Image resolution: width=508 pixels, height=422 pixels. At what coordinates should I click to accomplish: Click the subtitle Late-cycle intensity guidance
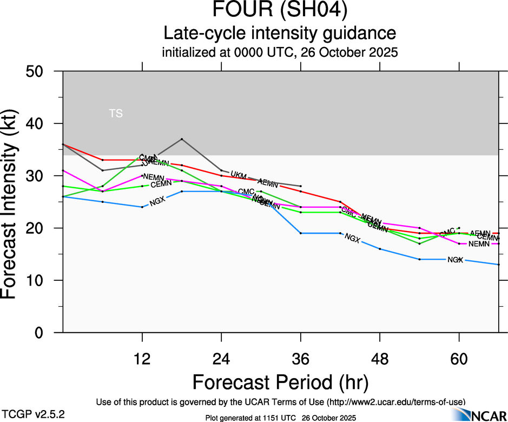click(280, 34)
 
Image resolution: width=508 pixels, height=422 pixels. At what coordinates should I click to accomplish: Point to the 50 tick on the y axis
click(41, 71)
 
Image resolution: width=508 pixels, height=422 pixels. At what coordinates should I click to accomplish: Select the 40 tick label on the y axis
click(41, 124)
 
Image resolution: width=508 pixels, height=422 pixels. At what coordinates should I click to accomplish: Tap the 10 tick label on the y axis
click(41, 280)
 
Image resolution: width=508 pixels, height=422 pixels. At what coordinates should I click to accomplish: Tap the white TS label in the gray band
click(116, 114)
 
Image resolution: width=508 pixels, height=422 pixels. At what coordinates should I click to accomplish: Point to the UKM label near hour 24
click(239, 175)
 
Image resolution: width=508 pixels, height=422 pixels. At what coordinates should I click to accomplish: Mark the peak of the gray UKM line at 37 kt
click(182, 139)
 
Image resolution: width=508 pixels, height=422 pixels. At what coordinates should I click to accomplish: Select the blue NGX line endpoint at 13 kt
click(498, 265)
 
